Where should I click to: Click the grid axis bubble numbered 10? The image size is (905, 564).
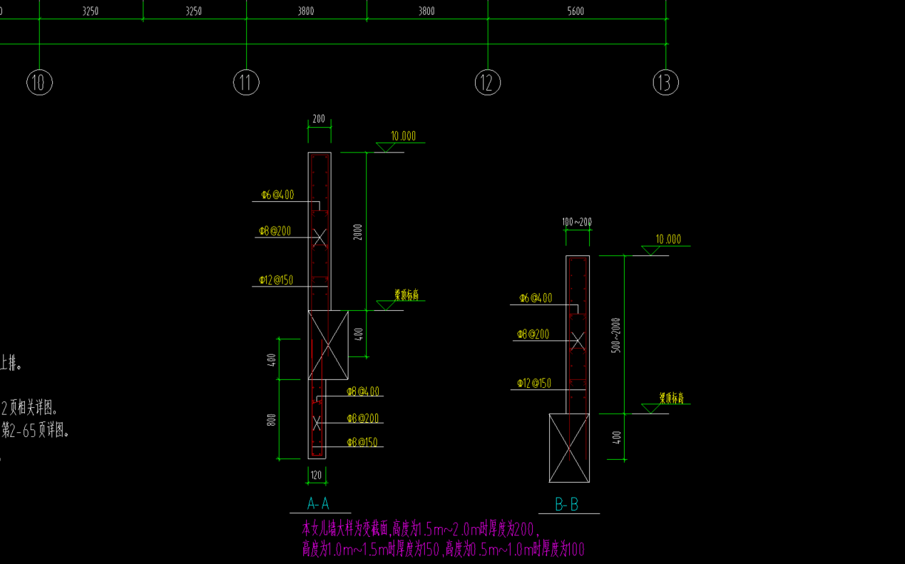(x=39, y=83)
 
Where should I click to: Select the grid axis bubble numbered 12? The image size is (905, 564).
(x=488, y=83)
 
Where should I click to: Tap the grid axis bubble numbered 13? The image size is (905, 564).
(x=665, y=83)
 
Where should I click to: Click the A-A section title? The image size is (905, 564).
(x=318, y=504)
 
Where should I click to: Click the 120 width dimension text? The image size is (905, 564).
(x=317, y=475)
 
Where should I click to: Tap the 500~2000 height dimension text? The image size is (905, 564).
(x=617, y=334)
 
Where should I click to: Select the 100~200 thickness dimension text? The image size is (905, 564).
(x=577, y=222)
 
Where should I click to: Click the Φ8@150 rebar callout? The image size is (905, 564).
(x=363, y=443)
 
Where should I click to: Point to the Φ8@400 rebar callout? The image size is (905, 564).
(x=363, y=391)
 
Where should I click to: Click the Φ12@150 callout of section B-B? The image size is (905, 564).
(x=534, y=384)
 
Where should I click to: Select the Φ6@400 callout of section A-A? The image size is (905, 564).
(x=277, y=195)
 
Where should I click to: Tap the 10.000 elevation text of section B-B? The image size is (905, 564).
(x=668, y=240)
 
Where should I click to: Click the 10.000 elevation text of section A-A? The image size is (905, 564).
(x=403, y=136)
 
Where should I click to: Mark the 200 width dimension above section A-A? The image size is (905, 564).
(x=319, y=119)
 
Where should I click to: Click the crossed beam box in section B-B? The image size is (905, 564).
(x=569, y=448)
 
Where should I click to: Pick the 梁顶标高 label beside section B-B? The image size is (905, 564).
(x=671, y=398)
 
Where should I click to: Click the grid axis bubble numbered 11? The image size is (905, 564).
(x=246, y=83)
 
